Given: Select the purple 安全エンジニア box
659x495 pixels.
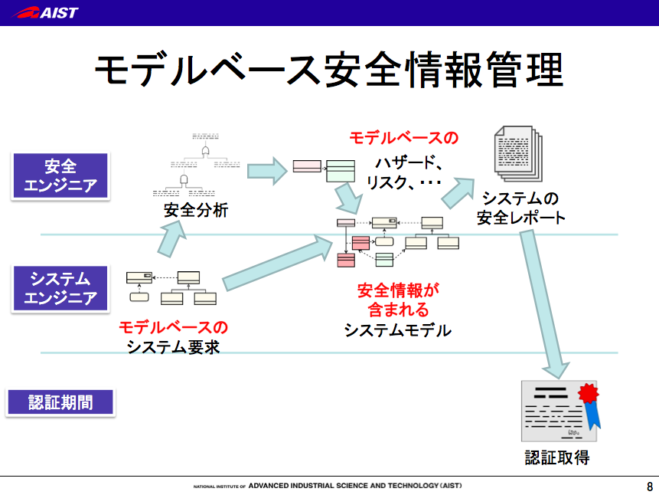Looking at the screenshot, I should point(60,175).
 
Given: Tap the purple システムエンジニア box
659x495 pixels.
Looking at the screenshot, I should point(60,288).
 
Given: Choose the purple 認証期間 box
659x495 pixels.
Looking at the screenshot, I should point(60,402).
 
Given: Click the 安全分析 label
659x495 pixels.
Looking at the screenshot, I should point(196,210).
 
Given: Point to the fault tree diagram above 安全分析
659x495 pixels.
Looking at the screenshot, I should point(195,166).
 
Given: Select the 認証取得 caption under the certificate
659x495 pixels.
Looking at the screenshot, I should point(557,458).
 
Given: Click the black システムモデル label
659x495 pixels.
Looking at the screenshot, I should point(397,330).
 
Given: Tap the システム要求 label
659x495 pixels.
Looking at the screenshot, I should point(174,346).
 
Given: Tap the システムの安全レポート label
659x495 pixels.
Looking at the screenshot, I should point(520,207).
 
